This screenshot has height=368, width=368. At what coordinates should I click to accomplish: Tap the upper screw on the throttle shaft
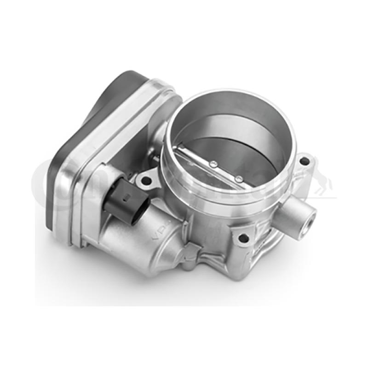coord(213,162)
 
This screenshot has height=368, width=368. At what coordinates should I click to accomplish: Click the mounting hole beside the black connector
coord(146,181)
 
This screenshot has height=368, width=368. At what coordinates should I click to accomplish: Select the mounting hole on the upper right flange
coord(304,162)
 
